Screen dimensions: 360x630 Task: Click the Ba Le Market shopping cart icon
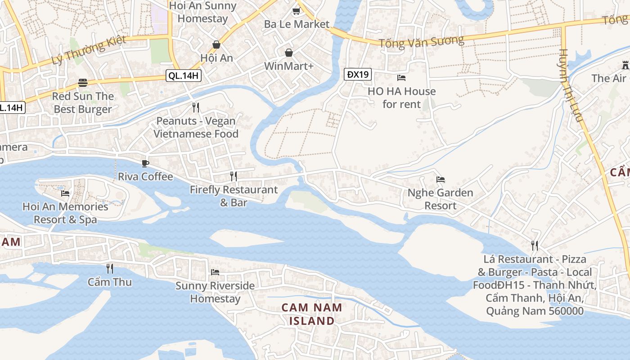tap(296, 11)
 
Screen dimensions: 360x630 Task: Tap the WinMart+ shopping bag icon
tap(288, 53)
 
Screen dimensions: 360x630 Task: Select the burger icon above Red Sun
tap(82, 83)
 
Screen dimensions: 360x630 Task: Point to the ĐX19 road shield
tap(358, 74)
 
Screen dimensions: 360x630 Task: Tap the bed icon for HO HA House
tap(401, 78)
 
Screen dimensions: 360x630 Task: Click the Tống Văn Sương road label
tap(421, 42)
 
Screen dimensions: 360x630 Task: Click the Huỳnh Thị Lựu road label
tap(571, 85)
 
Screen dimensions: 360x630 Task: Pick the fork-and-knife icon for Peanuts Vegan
tap(195, 108)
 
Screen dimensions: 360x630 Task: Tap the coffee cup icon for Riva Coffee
tap(145, 163)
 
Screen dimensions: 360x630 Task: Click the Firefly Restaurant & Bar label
tap(234, 196)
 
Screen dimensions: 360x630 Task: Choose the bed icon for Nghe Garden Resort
tap(441, 180)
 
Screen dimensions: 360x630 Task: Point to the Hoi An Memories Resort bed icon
tap(65, 193)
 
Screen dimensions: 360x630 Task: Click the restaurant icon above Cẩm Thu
tap(109, 269)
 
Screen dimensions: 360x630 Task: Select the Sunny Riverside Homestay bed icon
tap(215, 272)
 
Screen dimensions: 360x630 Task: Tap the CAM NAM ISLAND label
tap(312, 314)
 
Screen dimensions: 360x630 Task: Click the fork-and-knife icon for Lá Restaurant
tap(534, 246)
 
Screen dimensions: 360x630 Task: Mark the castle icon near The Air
tap(625, 65)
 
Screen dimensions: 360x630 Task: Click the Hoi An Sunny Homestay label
tap(202, 12)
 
